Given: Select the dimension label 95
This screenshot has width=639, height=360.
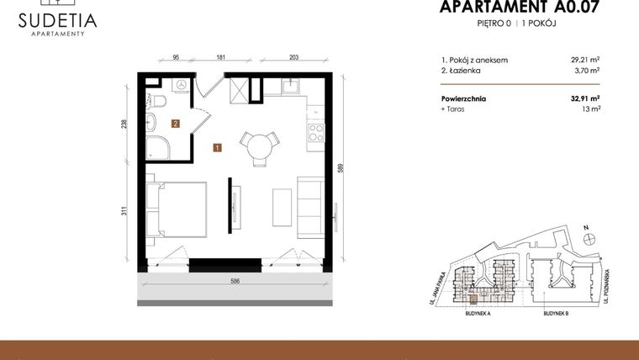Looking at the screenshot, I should [x=177, y=58].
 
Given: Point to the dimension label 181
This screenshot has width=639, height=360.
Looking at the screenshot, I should [x=220, y=58].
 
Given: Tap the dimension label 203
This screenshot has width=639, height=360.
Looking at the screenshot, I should [x=294, y=58].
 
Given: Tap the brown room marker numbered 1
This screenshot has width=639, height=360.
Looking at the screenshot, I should [x=217, y=148].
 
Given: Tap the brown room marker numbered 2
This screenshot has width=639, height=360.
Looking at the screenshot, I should [x=175, y=123].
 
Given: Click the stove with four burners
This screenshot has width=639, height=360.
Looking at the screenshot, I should [x=318, y=131].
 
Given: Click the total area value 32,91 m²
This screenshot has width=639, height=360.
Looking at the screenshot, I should [x=584, y=98].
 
